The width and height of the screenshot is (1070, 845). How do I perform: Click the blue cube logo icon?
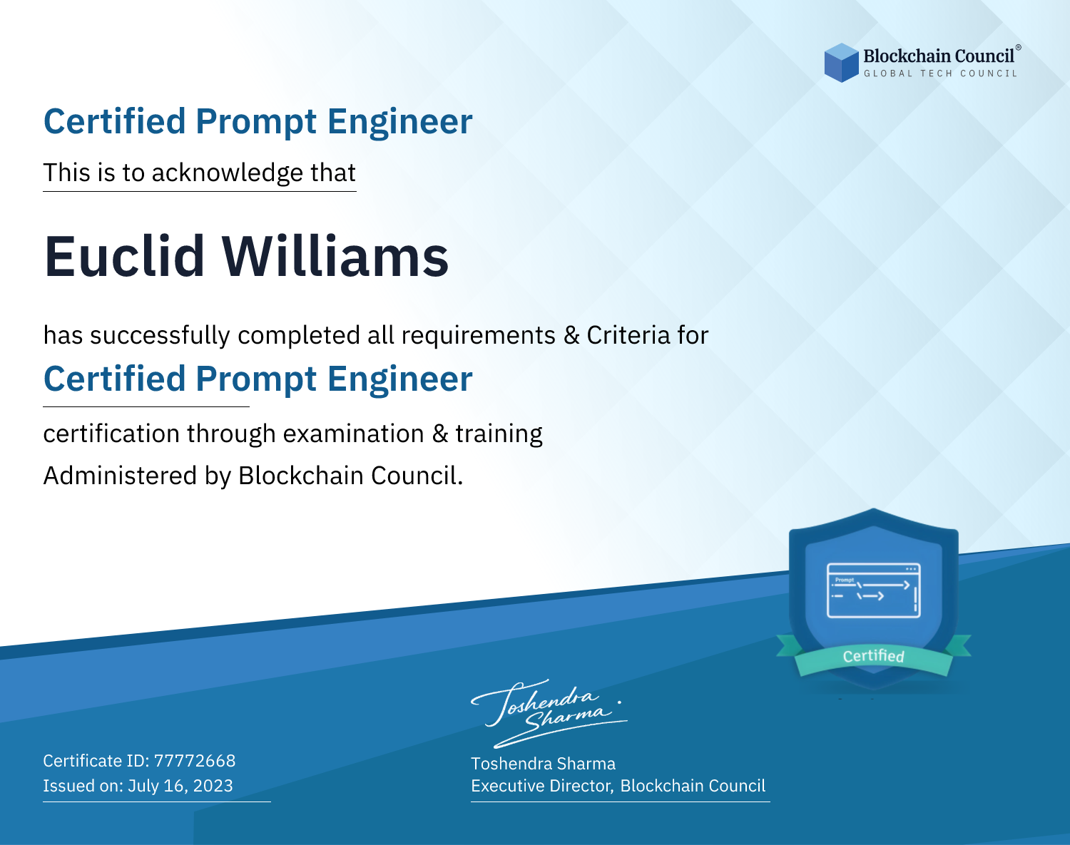841,63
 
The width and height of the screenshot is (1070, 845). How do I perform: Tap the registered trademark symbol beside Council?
1019,48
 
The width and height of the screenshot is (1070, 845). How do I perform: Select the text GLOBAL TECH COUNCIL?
940,73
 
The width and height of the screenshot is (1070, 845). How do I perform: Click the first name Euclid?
124,257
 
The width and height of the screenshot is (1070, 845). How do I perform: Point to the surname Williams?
335,257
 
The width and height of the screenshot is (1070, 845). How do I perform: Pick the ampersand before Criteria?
571,336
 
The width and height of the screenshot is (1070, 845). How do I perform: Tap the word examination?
353,434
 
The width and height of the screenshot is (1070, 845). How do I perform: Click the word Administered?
120,476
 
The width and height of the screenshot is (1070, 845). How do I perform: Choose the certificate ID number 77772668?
195,761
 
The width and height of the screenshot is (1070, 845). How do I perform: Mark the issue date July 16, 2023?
180,786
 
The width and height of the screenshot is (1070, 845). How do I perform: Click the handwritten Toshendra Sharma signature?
549,713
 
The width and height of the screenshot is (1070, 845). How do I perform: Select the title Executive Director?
541,787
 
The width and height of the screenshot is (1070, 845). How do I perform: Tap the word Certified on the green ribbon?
874,656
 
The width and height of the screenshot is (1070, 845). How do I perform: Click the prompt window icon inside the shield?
874,590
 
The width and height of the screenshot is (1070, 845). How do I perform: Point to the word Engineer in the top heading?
399,121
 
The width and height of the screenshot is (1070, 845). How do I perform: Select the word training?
499,434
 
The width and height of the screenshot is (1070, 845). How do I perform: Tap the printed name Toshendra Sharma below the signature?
543,764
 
